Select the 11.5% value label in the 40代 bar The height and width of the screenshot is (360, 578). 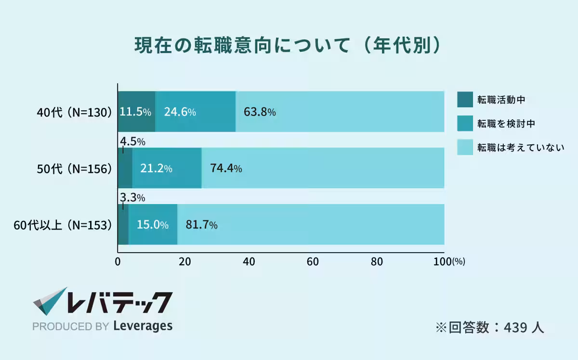click(x=135, y=112)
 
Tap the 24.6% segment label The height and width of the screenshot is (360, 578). click(x=180, y=112)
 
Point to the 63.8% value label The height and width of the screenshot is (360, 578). click(x=260, y=112)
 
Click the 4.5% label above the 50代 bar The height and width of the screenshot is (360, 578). click(x=132, y=141)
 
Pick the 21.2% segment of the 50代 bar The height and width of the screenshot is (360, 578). click(x=156, y=168)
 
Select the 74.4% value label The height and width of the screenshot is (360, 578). click(x=226, y=168)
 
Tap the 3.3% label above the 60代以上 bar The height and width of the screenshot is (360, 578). click(x=132, y=198)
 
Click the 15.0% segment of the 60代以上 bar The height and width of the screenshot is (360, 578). click(x=152, y=225)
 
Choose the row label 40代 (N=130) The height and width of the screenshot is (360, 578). click(x=75, y=112)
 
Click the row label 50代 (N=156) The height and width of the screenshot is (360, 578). click(x=75, y=168)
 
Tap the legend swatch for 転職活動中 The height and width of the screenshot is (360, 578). click(x=465, y=100)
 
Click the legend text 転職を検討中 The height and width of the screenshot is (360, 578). click(x=506, y=124)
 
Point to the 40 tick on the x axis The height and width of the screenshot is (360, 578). click(x=249, y=262)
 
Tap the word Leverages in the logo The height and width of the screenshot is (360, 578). click(x=143, y=326)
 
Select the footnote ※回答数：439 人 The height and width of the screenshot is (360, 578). click(x=490, y=327)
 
